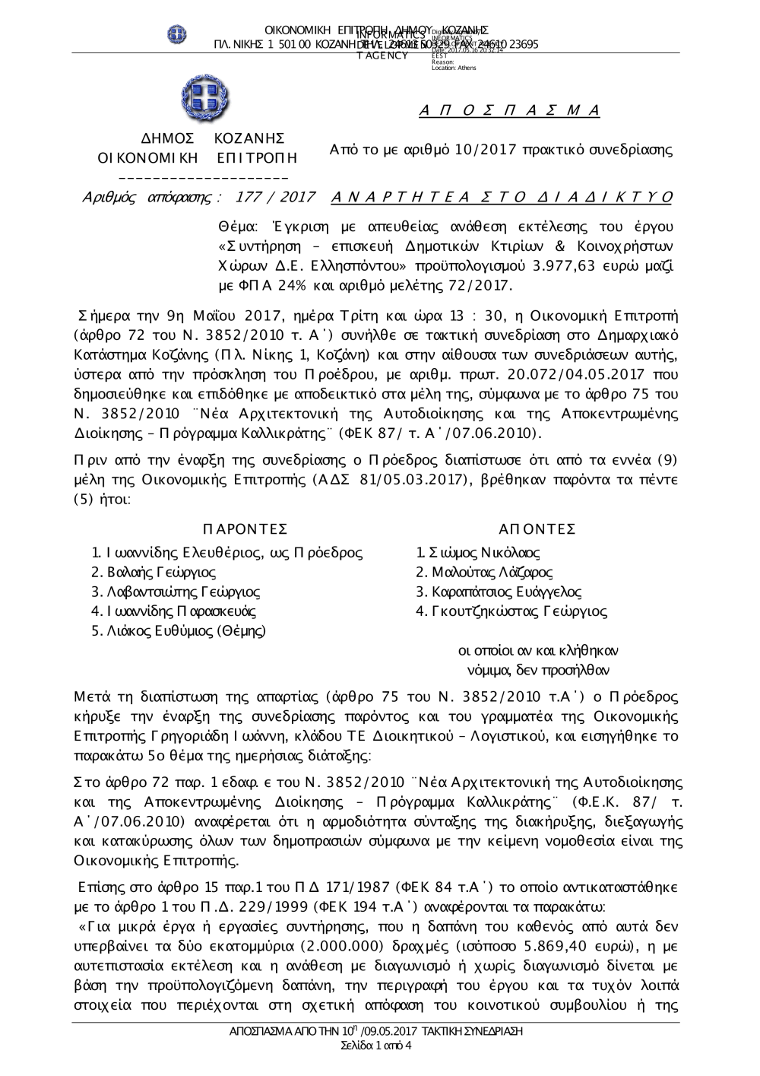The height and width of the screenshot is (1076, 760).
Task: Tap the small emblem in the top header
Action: pos(177,34)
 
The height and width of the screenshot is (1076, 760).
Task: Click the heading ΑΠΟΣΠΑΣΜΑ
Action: pos(510,111)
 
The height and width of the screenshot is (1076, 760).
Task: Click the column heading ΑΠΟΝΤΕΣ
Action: pos(537,529)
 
